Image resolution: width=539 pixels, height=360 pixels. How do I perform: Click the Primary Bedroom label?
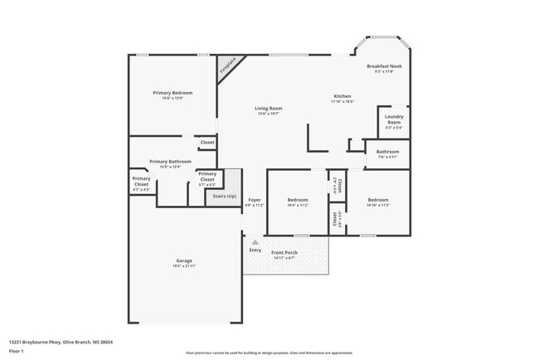click(172, 95)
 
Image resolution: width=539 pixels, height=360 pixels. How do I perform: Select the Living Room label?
click(268, 110)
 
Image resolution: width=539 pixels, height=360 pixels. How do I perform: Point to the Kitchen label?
click(342, 98)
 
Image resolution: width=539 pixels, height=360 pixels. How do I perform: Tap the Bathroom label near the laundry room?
click(388, 153)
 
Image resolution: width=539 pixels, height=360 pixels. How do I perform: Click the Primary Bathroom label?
click(170, 163)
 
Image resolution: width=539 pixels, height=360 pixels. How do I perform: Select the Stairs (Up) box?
click(224, 197)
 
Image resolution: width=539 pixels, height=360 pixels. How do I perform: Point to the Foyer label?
click(254, 202)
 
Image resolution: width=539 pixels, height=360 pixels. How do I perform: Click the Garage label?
click(183, 262)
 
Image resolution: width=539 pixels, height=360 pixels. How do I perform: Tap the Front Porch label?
click(284, 254)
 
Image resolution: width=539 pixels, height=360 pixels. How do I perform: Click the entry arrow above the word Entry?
click(255, 242)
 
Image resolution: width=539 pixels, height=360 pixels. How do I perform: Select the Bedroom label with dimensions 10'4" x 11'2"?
click(298, 202)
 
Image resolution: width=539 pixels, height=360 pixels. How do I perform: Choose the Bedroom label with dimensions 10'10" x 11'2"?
click(377, 202)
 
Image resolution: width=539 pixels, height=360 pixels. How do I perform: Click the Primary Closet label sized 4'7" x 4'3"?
click(141, 184)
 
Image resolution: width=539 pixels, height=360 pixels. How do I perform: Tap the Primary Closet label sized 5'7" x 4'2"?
click(206, 177)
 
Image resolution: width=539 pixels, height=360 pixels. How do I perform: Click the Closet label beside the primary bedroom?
click(207, 143)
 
